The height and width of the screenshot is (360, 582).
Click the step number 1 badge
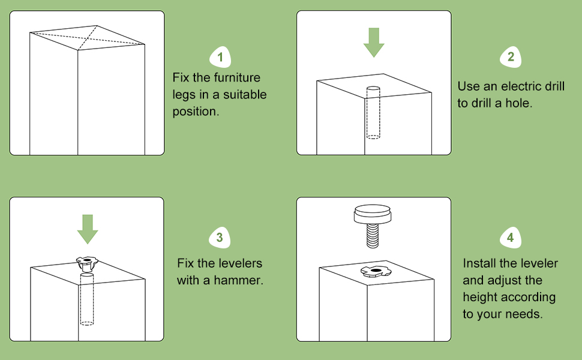click(220, 58)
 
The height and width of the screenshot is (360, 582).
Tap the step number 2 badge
click(511, 57)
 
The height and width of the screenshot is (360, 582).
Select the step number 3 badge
click(220, 238)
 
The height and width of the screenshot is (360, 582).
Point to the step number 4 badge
click(510, 238)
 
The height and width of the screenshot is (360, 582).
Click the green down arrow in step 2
click(374, 41)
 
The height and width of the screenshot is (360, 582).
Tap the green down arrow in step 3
click(88, 229)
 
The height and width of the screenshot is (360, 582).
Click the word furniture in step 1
click(238, 78)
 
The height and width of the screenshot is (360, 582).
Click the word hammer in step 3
click(243, 280)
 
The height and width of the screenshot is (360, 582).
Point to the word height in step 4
click(480, 297)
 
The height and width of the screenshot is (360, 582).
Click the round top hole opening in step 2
click(373, 89)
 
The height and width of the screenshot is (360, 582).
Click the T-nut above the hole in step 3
click(87, 262)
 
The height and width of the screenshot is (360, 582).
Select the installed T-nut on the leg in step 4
click(376, 272)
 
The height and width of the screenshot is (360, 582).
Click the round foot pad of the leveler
click(374, 214)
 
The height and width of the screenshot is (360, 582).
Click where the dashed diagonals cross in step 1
click(88, 38)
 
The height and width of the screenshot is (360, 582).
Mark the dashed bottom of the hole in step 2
click(373, 137)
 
